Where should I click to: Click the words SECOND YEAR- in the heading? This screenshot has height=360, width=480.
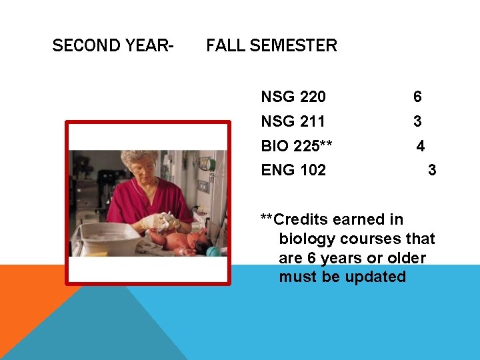click(113, 46)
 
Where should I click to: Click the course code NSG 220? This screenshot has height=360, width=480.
click(293, 97)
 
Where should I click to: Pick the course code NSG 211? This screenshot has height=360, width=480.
click(293, 122)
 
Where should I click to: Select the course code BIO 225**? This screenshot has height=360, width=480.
click(297, 146)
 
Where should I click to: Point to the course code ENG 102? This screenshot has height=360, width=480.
click(293, 171)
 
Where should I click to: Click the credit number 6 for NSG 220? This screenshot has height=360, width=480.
click(417, 97)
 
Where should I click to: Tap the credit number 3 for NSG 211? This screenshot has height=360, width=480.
click(417, 122)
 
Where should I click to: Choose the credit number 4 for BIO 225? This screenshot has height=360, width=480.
click(421, 146)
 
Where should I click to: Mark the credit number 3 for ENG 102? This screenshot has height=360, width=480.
click(432, 171)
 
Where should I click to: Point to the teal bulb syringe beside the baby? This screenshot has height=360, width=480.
click(215, 251)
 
